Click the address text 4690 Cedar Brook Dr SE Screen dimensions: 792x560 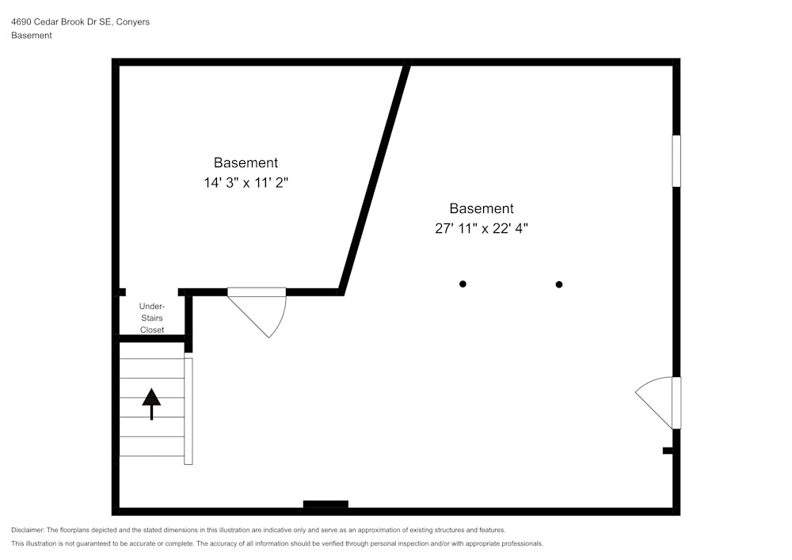click(62, 21)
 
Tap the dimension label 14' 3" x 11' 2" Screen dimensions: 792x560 click(246, 182)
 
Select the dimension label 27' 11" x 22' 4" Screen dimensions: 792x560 click(482, 228)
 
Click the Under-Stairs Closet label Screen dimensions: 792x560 click(152, 318)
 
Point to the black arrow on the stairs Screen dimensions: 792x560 click(151, 404)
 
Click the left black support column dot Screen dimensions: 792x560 click(463, 284)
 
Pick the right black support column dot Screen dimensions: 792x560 click(558, 284)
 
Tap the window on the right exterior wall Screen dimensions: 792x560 click(676, 161)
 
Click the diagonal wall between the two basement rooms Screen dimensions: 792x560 click(375, 177)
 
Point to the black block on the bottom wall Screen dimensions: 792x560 click(326, 504)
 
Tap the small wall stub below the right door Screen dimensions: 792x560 click(668, 451)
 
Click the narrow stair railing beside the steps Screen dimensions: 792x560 click(188, 411)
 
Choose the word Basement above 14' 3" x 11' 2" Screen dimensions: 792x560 click(246, 162)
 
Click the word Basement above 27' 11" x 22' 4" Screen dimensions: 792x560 click(482, 208)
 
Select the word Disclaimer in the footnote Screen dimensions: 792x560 click(28, 530)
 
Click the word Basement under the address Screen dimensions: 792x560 click(32, 36)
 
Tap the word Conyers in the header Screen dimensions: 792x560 click(133, 21)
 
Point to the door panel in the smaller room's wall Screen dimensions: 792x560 click(257, 291)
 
